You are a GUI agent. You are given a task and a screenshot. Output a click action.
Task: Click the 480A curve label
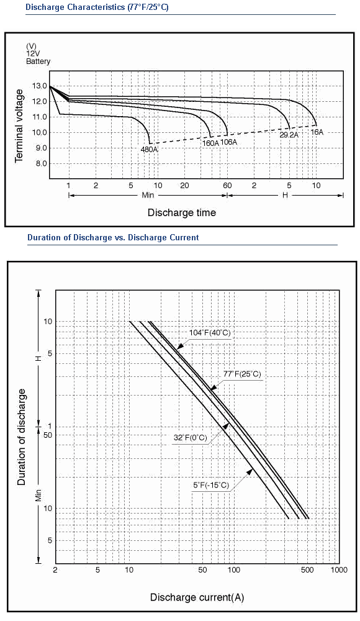tap(150, 150)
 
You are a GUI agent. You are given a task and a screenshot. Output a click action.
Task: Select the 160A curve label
tap(210, 143)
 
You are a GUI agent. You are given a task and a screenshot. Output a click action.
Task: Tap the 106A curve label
tap(229, 142)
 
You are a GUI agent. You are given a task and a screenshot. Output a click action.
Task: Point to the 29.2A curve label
tap(289, 135)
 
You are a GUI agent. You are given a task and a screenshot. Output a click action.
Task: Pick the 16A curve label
tap(317, 132)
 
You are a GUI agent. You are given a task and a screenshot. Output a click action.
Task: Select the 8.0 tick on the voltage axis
tap(42, 163)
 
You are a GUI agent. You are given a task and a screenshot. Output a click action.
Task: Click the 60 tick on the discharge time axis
tap(227, 185)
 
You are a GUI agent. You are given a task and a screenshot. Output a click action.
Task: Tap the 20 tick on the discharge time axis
tap(184, 185)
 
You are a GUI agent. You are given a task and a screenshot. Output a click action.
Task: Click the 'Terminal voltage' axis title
tap(19, 125)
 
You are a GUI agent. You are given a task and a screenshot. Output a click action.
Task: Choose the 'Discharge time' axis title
tap(182, 212)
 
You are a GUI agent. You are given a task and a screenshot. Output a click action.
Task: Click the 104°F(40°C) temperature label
tap(210, 333)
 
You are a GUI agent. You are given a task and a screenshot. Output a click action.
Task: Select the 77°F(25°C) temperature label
tap(242, 374)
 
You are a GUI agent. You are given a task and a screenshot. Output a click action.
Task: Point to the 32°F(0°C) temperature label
tap(191, 438)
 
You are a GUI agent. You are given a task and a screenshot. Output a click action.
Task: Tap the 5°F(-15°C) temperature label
tap(211, 485)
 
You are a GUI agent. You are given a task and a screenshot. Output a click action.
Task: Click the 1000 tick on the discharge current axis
tap(339, 570)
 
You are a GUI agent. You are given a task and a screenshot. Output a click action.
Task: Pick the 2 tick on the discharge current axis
tap(55, 570)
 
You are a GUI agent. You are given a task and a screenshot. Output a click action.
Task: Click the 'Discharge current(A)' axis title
tap(197, 597)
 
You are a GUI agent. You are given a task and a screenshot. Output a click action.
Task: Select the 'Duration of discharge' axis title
tap(21, 437)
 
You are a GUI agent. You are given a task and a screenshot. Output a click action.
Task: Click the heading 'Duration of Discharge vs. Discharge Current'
tap(113, 238)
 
